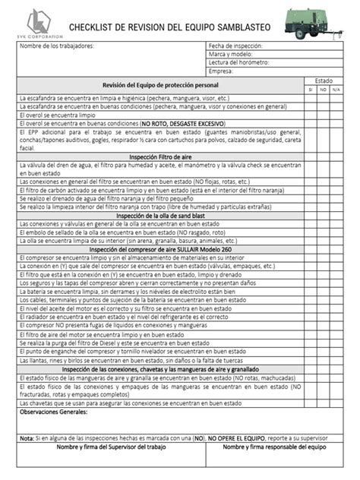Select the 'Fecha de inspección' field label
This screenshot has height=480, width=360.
pos(238,46)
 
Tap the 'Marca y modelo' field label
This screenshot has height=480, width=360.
pos(232,55)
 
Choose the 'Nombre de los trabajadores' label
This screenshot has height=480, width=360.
pos(56,46)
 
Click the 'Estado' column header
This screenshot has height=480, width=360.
pos(323,80)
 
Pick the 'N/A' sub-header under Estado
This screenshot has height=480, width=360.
pos(336,89)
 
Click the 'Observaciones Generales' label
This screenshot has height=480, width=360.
pos(53,411)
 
